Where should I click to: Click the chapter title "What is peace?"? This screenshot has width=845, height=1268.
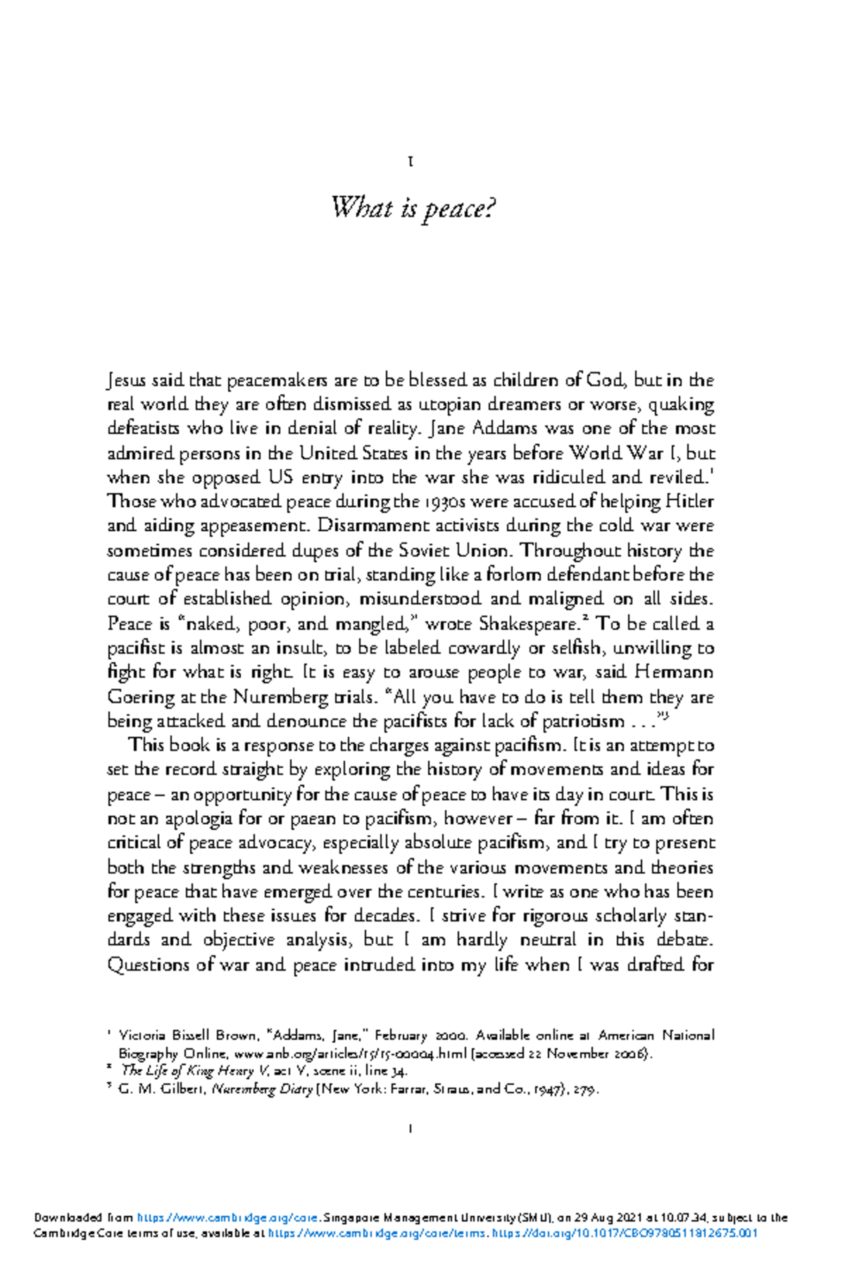[x=413, y=209]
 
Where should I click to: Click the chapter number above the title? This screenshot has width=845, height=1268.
[x=411, y=162]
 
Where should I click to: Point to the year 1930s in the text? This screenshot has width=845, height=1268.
[x=445, y=502]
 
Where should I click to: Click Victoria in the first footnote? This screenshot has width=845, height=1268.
[x=142, y=1036]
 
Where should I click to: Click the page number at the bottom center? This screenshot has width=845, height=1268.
[x=411, y=1129]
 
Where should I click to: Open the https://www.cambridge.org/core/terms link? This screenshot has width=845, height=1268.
[x=377, y=1233]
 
